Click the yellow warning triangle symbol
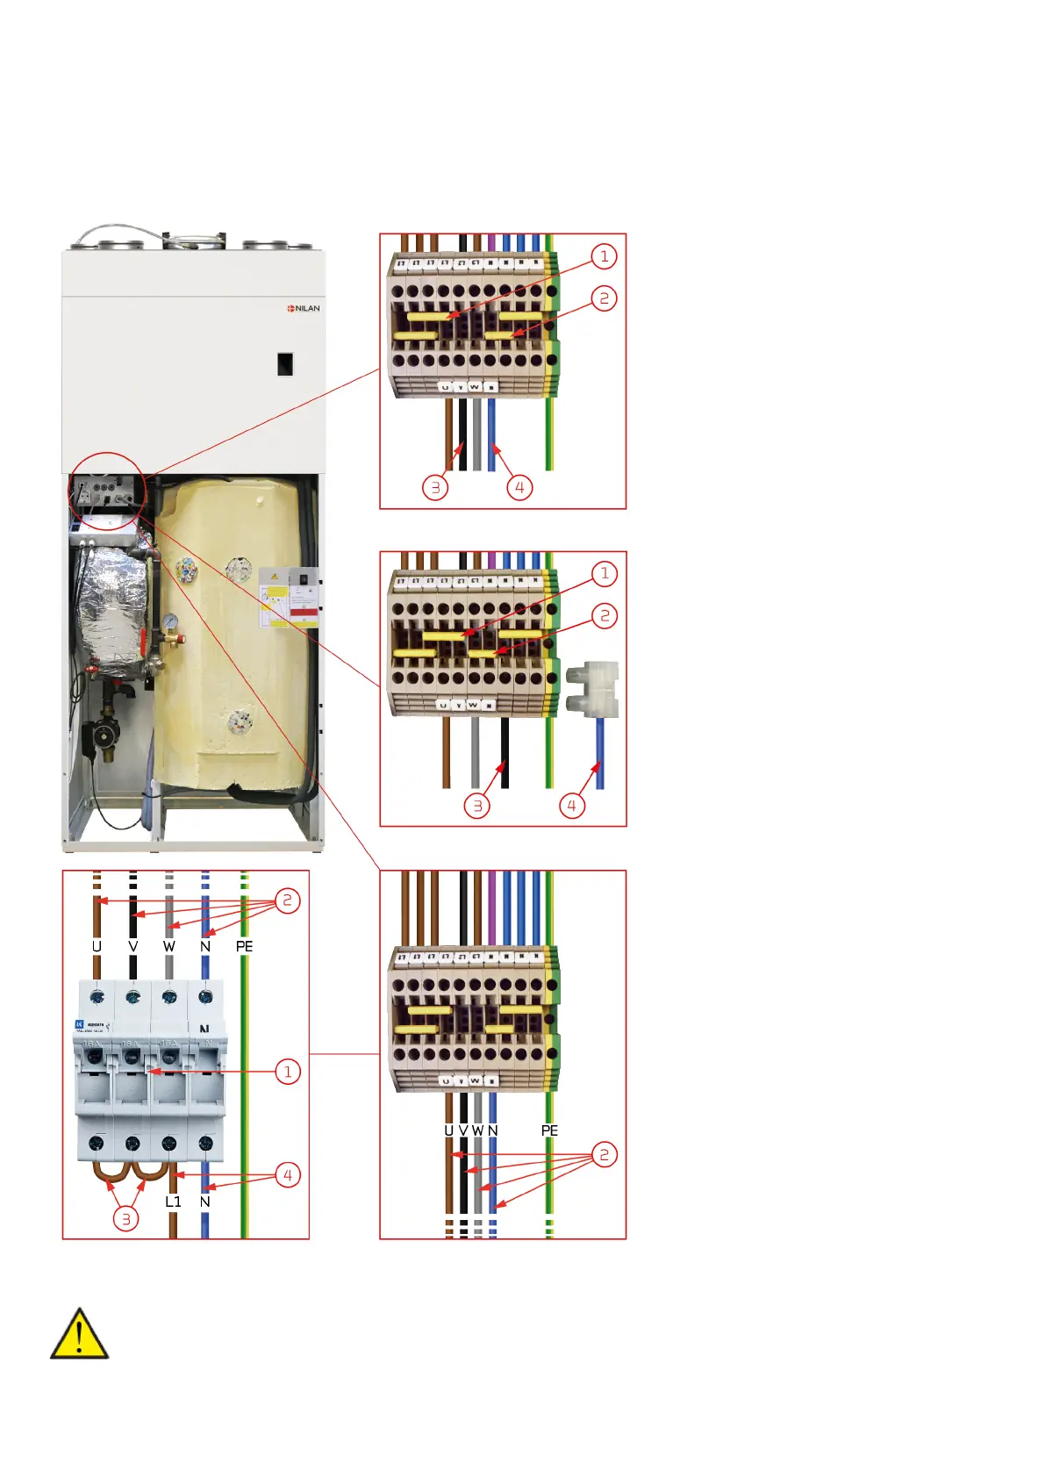tap(79, 1334)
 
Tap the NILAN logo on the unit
tap(304, 308)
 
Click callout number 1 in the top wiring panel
tap(604, 256)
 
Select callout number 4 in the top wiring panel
tap(519, 487)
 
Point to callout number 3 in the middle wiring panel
tap(477, 806)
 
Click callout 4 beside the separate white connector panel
tap(572, 805)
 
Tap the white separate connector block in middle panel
tap(594, 689)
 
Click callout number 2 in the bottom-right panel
tap(604, 1154)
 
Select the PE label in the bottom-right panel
tap(549, 1130)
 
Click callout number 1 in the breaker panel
tap(287, 1072)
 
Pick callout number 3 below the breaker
tap(126, 1218)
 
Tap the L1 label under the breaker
tap(173, 1202)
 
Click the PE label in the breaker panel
tap(244, 946)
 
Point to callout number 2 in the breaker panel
tap(287, 900)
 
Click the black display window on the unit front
tap(285, 363)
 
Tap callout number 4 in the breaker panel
tap(287, 1175)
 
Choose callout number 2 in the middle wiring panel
tap(604, 615)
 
